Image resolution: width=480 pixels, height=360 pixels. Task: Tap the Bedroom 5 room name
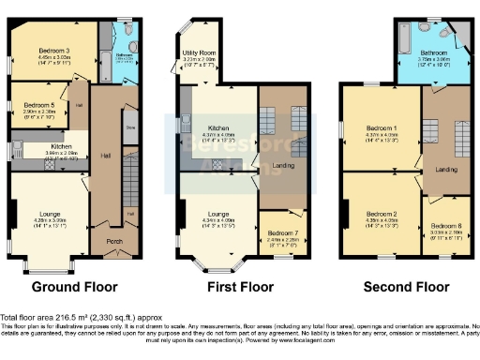[x=37, y=104]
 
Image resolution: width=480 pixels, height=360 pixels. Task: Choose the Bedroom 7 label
[x=276, y=231]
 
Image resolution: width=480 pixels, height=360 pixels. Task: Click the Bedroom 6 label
[x=446, y=225]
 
